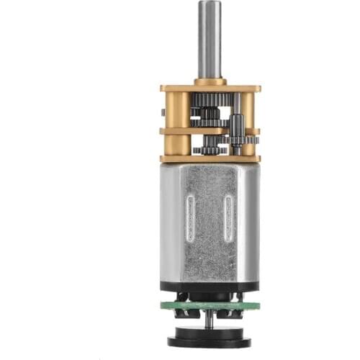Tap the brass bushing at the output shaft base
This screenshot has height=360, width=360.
(210, 81)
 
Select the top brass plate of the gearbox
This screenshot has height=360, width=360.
(210, 89)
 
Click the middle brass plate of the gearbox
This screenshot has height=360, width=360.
(210, 131)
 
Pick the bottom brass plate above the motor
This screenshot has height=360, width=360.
(210, 158)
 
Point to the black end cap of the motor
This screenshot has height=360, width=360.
(210, 288)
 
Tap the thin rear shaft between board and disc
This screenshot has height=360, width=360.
(210, 320)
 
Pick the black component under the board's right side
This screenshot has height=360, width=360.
(238, 312)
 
